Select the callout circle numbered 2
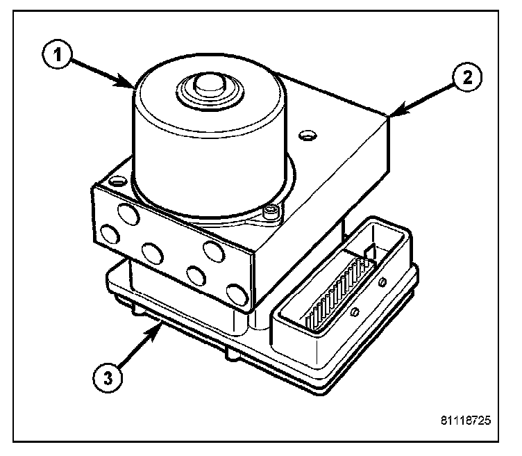pos(466,76)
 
